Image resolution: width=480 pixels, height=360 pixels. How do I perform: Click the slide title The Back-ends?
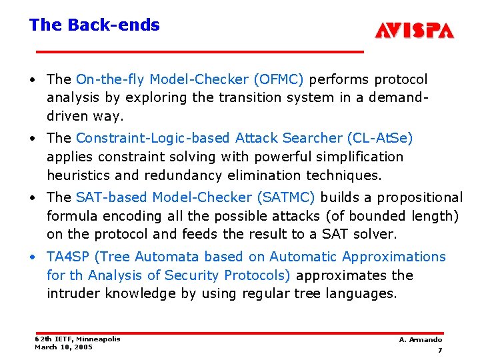[94, 25]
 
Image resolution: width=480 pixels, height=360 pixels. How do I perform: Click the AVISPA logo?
[414, 31]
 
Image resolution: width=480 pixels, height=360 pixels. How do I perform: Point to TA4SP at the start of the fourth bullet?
[71, 257]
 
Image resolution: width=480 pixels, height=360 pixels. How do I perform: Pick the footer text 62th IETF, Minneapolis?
[77, 339]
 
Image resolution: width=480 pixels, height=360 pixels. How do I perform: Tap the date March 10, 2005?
[63, 347]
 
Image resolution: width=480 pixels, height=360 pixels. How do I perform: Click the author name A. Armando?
[421, 339]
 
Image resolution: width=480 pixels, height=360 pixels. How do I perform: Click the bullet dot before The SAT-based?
[33, 198]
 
